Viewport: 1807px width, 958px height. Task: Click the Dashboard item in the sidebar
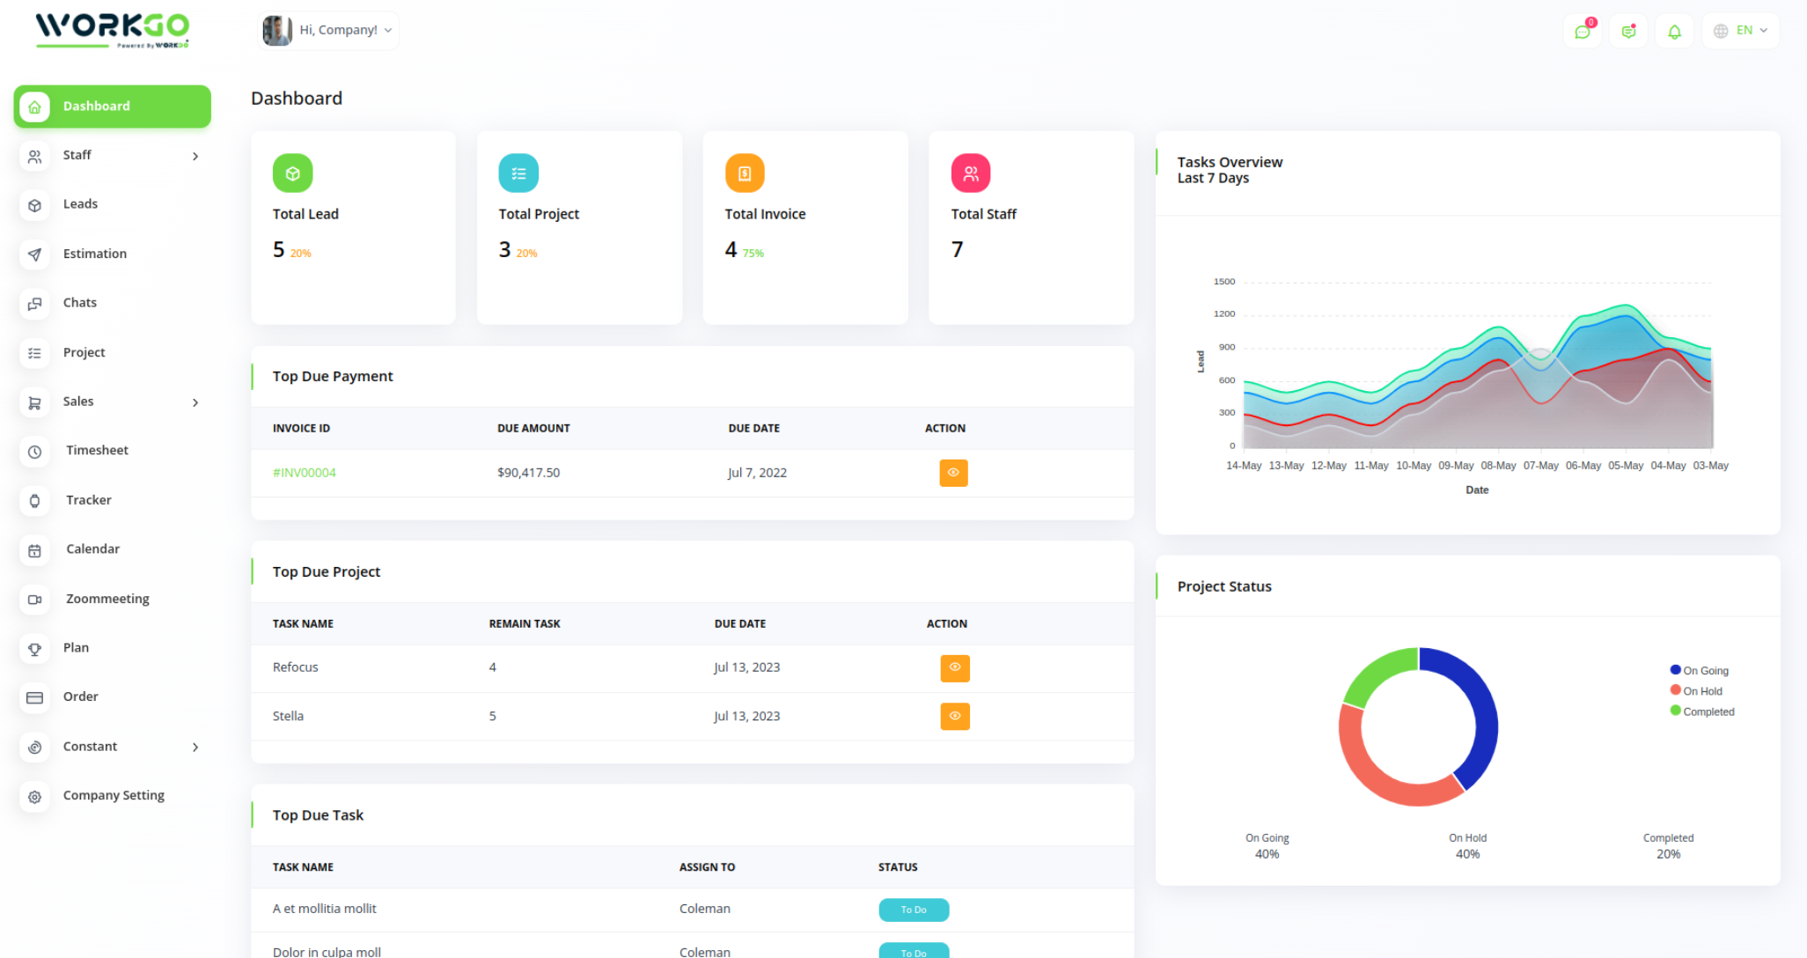tap(113, 107)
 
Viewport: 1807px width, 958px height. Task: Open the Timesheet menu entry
tap(97, 451)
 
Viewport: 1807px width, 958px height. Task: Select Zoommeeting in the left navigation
tap(107, 599)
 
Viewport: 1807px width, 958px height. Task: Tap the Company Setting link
tap(114, 795)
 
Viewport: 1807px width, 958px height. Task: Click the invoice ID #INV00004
tap(305, 473)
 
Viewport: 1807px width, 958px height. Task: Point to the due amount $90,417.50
tap(528, 473)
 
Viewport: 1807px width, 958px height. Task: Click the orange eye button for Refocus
tap(954, 668)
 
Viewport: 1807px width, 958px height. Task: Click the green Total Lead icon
tap(293, 173)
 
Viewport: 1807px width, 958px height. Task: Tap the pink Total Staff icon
tap(971, 173)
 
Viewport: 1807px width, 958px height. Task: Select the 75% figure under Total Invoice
tap(753, 254)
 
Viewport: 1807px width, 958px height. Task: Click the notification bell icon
tap(1674, 32)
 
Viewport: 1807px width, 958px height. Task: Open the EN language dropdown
tap(1741, 31)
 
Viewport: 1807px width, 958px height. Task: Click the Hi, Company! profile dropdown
tap(329, 31)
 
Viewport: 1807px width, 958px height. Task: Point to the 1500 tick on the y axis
tap(1224, 282)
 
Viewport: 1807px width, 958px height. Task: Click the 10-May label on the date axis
tap(1414, 466)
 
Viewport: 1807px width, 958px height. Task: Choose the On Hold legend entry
tap(1702, 691)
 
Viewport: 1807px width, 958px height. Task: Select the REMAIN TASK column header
tap(525, 624)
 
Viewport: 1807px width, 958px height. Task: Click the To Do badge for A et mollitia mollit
tap(914, 910)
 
